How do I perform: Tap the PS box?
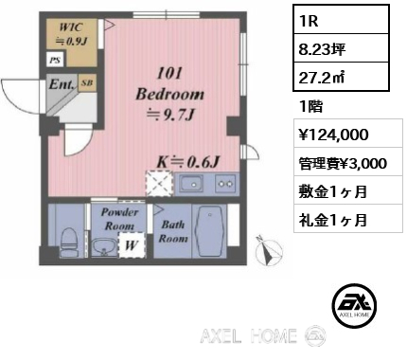click(56, 60)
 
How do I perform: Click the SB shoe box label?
click(87, 82)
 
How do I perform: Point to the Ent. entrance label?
click(62, 84)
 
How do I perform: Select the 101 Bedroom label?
click(169, 95)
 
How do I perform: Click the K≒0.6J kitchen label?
click(188, 162)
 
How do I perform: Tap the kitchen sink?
click(191, 184)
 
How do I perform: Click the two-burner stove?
click(225, 184)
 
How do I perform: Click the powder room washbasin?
click(103, 247)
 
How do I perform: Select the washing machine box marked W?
click(132, 245)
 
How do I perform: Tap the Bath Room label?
click(173, 231)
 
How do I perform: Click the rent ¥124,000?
click(333, 135)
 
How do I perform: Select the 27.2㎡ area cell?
click(341, 77)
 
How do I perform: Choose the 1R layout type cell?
click(341, 20)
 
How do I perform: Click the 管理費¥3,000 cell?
click(348, 163)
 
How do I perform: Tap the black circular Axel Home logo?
click(354, 305)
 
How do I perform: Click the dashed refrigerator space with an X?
click(159, 184)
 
